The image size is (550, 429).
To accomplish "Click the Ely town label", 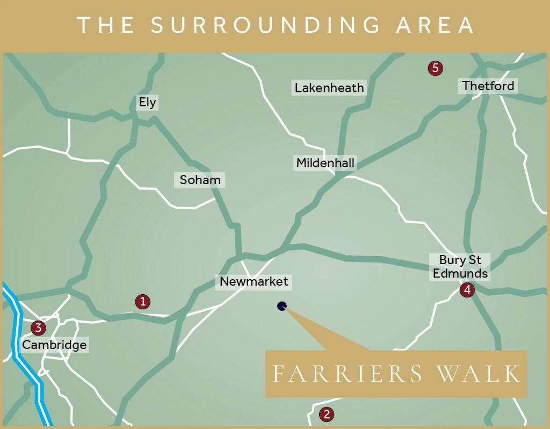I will [x=147, y=103].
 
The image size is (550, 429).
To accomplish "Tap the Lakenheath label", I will [x=329, y=88].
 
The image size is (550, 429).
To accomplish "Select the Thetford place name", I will [x=488, y=86].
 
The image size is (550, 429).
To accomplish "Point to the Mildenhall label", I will [x=325, y=163].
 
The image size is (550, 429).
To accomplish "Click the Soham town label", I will [x=200, y=180].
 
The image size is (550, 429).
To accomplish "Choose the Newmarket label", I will [x=254, y=281].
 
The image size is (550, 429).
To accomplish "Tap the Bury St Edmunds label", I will [x=460, y=267].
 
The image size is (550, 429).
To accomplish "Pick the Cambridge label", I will [x=54, y=345].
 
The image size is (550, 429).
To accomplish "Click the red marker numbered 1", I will [x=142, y=302].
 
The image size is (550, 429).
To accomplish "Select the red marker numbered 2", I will [x=326, y=415].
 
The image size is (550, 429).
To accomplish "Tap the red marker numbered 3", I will [x=38, y=328].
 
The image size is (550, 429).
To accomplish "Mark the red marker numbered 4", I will [x=467, y=290].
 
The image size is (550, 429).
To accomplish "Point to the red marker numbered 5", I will [x=435, y=68].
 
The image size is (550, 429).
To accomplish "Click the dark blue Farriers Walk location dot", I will [x=282, y=306].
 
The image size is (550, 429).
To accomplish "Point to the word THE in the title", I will [x=105, y=25].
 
